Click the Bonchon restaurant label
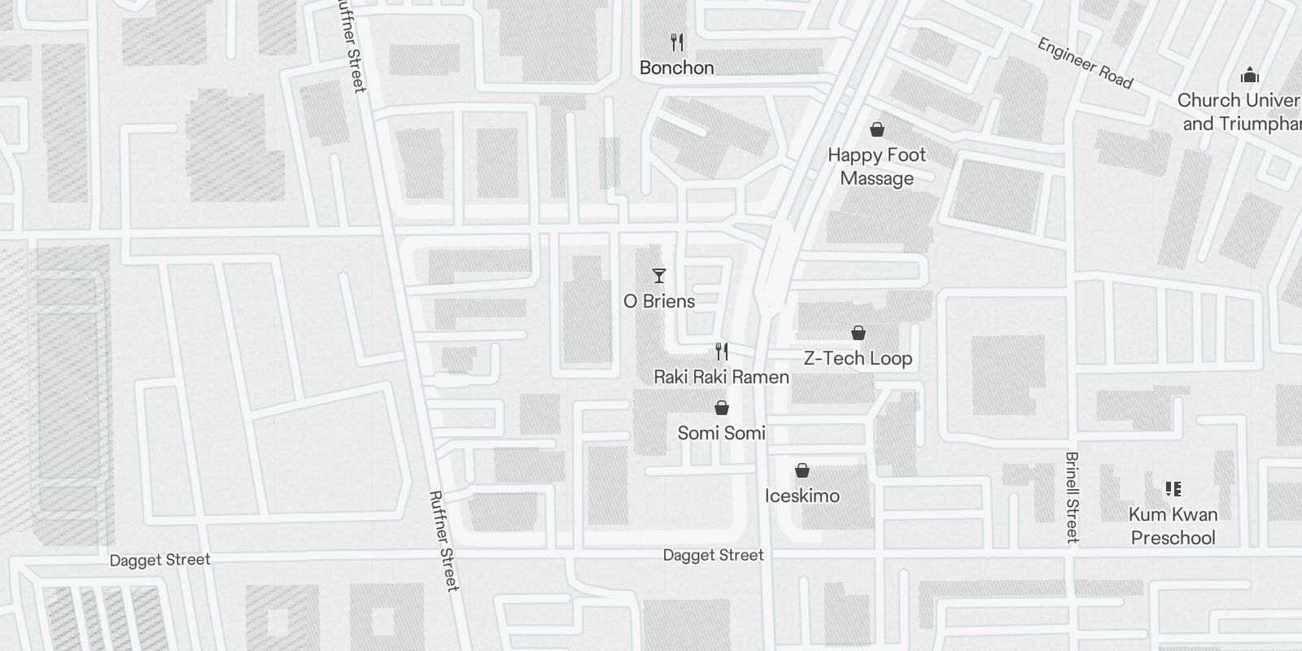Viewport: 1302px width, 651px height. [676, 68]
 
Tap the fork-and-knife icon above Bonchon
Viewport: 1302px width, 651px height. [676, 42]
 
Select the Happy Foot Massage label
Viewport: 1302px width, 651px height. [876, 166]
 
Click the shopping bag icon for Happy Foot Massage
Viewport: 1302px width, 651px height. [877, 129]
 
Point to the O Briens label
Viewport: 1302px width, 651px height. [659, 301]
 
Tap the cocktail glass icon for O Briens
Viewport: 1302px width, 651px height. [659, 276]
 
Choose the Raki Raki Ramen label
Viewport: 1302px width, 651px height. [721, 377]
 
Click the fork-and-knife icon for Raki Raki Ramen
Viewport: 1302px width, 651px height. [721, 352]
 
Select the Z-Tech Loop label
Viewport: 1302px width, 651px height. [858, 358]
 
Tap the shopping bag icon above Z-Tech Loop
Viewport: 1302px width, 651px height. [858, 333]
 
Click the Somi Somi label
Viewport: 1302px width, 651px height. [721, 433]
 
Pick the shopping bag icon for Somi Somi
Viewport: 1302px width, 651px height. [721, 408]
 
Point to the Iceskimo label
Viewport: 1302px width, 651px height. [802, 496]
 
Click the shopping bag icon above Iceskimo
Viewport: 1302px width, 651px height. [802, 470]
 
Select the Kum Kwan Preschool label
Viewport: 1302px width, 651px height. [1173, 526]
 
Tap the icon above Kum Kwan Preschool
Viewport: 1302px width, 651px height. [1173, 489]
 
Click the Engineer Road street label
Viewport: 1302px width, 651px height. [1085, 63]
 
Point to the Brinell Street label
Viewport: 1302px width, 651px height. [1072, 496]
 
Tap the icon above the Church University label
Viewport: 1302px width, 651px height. [1249, 76]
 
